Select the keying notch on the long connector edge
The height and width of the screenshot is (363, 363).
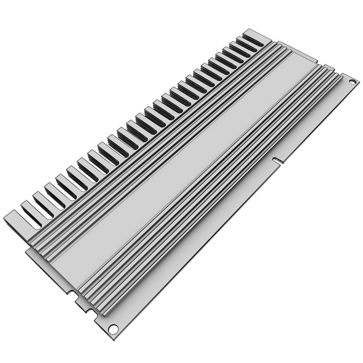tap(276, 159)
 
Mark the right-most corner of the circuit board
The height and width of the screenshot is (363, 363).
tap(357, 83)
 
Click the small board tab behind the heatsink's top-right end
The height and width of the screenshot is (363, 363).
tap(327, 67)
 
